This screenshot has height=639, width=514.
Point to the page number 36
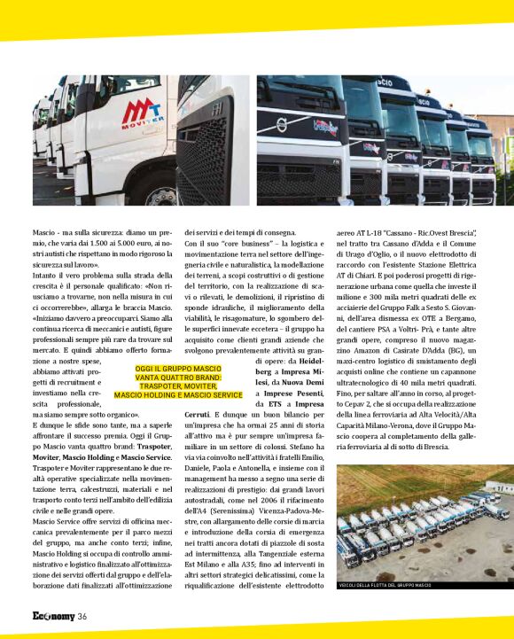click(82, 617)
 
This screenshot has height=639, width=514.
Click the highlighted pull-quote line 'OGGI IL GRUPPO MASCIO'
click(178, 367)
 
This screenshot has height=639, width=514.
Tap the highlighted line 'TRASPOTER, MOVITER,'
click(178, 386)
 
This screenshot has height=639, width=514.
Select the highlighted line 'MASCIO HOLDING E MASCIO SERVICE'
click(178, 394)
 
